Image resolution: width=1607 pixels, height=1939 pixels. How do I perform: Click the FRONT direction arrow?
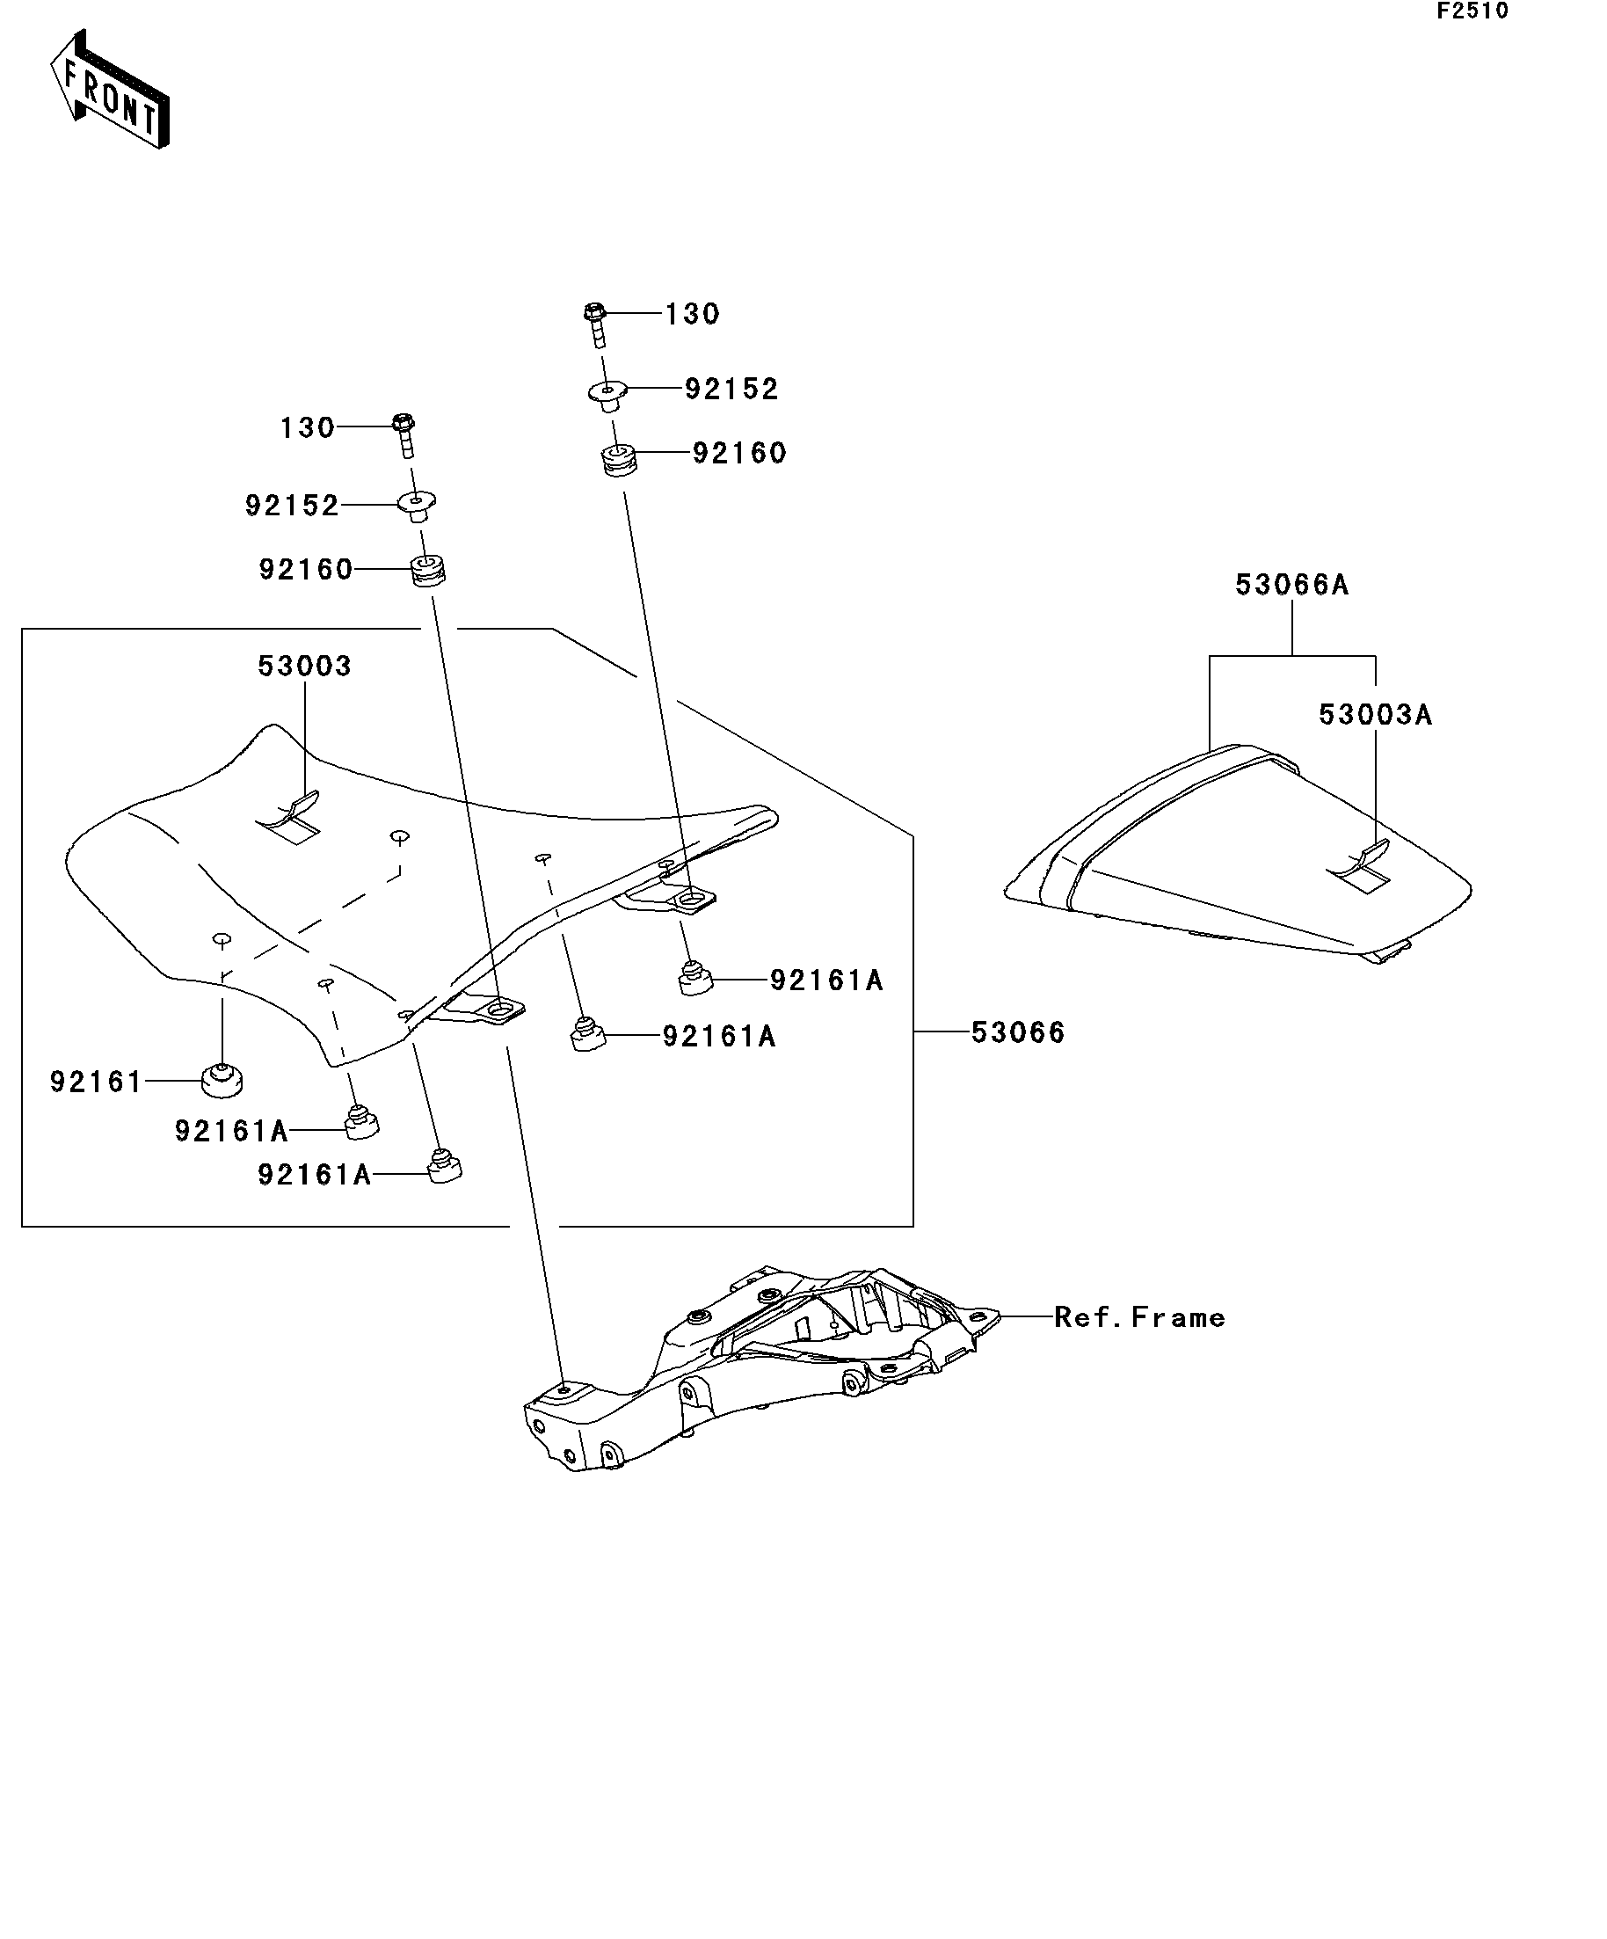[x=109, y=91]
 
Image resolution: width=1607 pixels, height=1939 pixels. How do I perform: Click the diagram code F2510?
[x=1472, y=11]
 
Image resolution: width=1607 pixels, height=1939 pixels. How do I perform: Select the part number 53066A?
[x=1291, y=585]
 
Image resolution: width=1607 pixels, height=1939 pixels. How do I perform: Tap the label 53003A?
[x=1374, y=715]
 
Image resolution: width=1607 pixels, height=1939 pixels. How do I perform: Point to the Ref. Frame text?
[x=1139, y=1317]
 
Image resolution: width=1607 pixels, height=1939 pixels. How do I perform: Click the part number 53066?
[x=1018, y=1032]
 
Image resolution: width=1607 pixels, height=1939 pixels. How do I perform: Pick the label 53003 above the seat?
[x=304, y=666]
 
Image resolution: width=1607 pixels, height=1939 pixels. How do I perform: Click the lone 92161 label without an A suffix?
[x=96, y=1082]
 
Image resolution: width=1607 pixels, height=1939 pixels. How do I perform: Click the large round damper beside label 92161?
[x=222, y=1080]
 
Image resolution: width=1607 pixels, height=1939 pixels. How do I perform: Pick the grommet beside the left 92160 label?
[x=427, y=570]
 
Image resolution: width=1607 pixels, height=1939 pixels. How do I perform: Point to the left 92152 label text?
[x=292, y=506]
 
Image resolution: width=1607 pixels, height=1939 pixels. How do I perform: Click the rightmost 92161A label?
[x=826, y=980]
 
